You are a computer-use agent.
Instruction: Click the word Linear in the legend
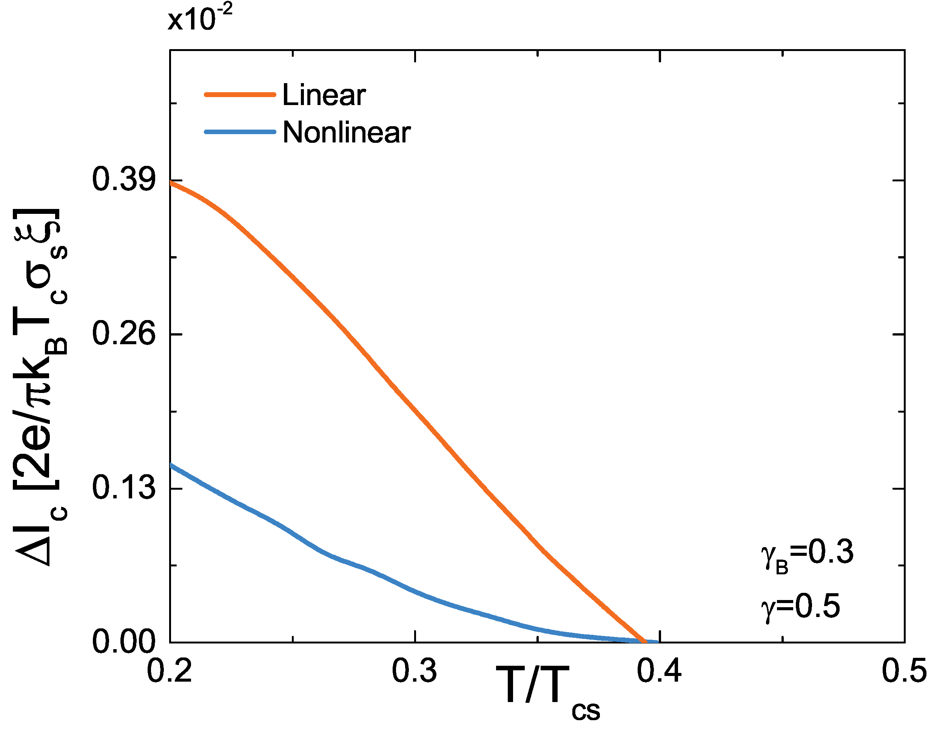[x=324, y=94]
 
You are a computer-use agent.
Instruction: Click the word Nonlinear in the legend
[x=347, y=132]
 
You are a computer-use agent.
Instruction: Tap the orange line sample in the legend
[x=240, y=94]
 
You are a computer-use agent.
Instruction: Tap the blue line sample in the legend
[x=240, y=132]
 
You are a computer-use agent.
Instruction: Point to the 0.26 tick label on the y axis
[x=123, y=334]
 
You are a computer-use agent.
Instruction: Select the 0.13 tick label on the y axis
[x=123, y=488]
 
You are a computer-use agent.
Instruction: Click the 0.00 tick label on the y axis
[x=123, y=642]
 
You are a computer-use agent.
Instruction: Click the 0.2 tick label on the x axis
[x=170, y=671]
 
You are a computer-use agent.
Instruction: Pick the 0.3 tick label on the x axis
[x=415, y=671]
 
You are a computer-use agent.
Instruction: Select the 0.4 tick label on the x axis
[x=659, y=671]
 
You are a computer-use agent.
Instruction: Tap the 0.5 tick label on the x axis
[x=904, y=671]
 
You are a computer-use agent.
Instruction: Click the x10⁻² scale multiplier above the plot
[x=200, y=19]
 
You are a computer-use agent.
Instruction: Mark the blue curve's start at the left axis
[x=171, y=465]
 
